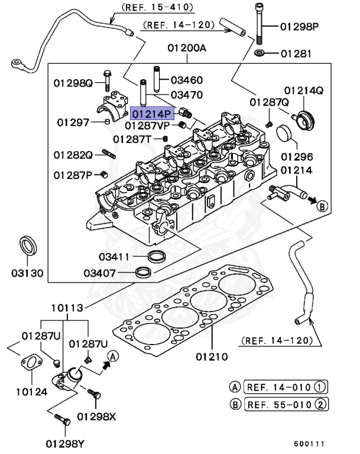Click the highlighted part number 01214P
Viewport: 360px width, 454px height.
(x=153, y=112)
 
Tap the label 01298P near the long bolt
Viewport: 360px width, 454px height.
(x=299, y=27)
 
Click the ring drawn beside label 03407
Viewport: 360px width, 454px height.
(x=144, y=272)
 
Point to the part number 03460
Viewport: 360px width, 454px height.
(x=187, y=80)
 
